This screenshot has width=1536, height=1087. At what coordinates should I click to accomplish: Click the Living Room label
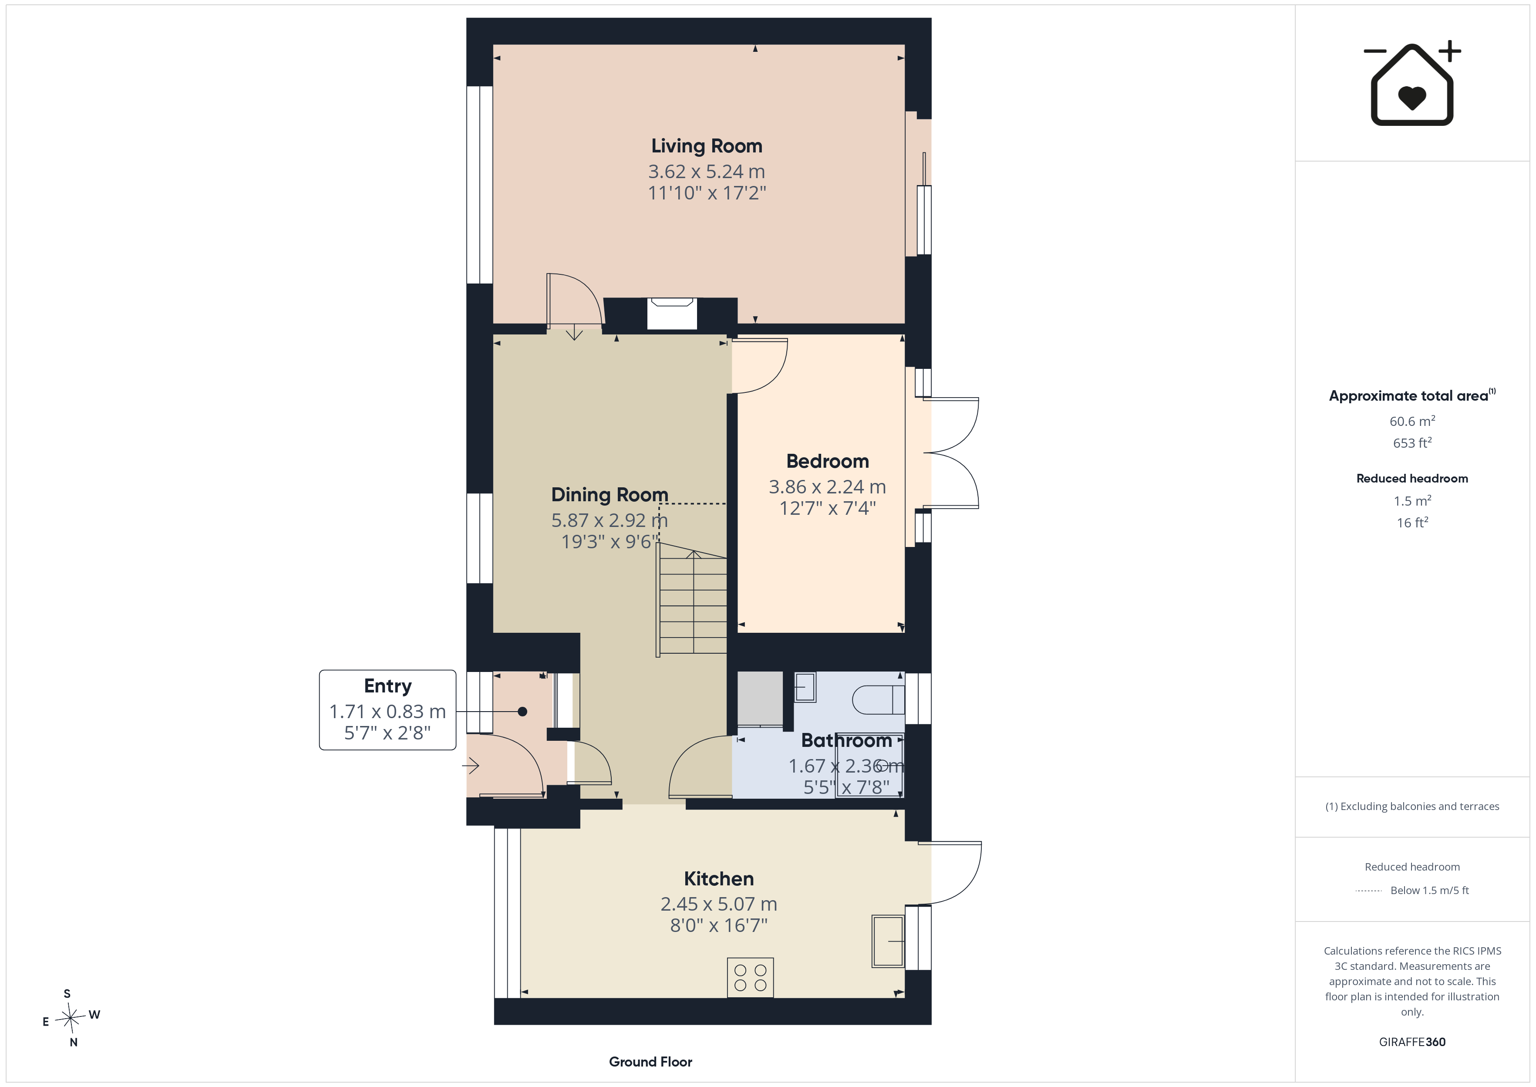(x=707, y=146)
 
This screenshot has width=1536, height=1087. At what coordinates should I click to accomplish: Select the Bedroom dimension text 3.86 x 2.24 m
(x=827, y=486)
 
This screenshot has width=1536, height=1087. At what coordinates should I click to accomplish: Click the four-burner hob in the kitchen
(x=750, y=977)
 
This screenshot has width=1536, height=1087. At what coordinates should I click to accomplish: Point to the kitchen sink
(x=888, y=941)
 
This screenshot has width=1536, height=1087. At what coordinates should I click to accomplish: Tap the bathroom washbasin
(x=805, y=687)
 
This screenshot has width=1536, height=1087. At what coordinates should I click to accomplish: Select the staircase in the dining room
(x=692, y=599)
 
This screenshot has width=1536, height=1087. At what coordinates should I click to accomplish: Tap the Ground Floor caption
(x=650, y=1062)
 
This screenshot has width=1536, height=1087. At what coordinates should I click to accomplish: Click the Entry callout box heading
(x=387, y=686)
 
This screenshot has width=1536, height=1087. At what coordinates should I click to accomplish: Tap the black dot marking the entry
(x=522, y=712)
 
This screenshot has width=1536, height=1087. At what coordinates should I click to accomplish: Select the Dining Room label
(x=610, y=495)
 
